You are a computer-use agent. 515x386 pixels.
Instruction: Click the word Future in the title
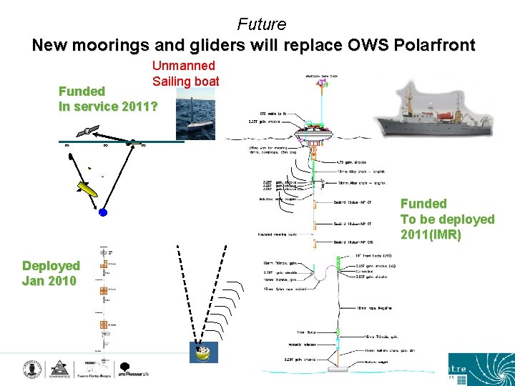[261, 24]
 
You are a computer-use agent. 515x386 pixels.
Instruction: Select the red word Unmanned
[183, 66]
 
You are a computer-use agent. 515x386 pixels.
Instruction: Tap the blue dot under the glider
[103, 212]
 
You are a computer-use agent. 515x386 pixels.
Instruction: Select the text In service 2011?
[108, 106]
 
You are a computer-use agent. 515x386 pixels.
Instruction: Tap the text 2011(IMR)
[431, 234]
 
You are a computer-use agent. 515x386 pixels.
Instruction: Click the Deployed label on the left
[51, 266]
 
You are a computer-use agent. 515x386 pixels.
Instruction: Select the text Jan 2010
[49, 281]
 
